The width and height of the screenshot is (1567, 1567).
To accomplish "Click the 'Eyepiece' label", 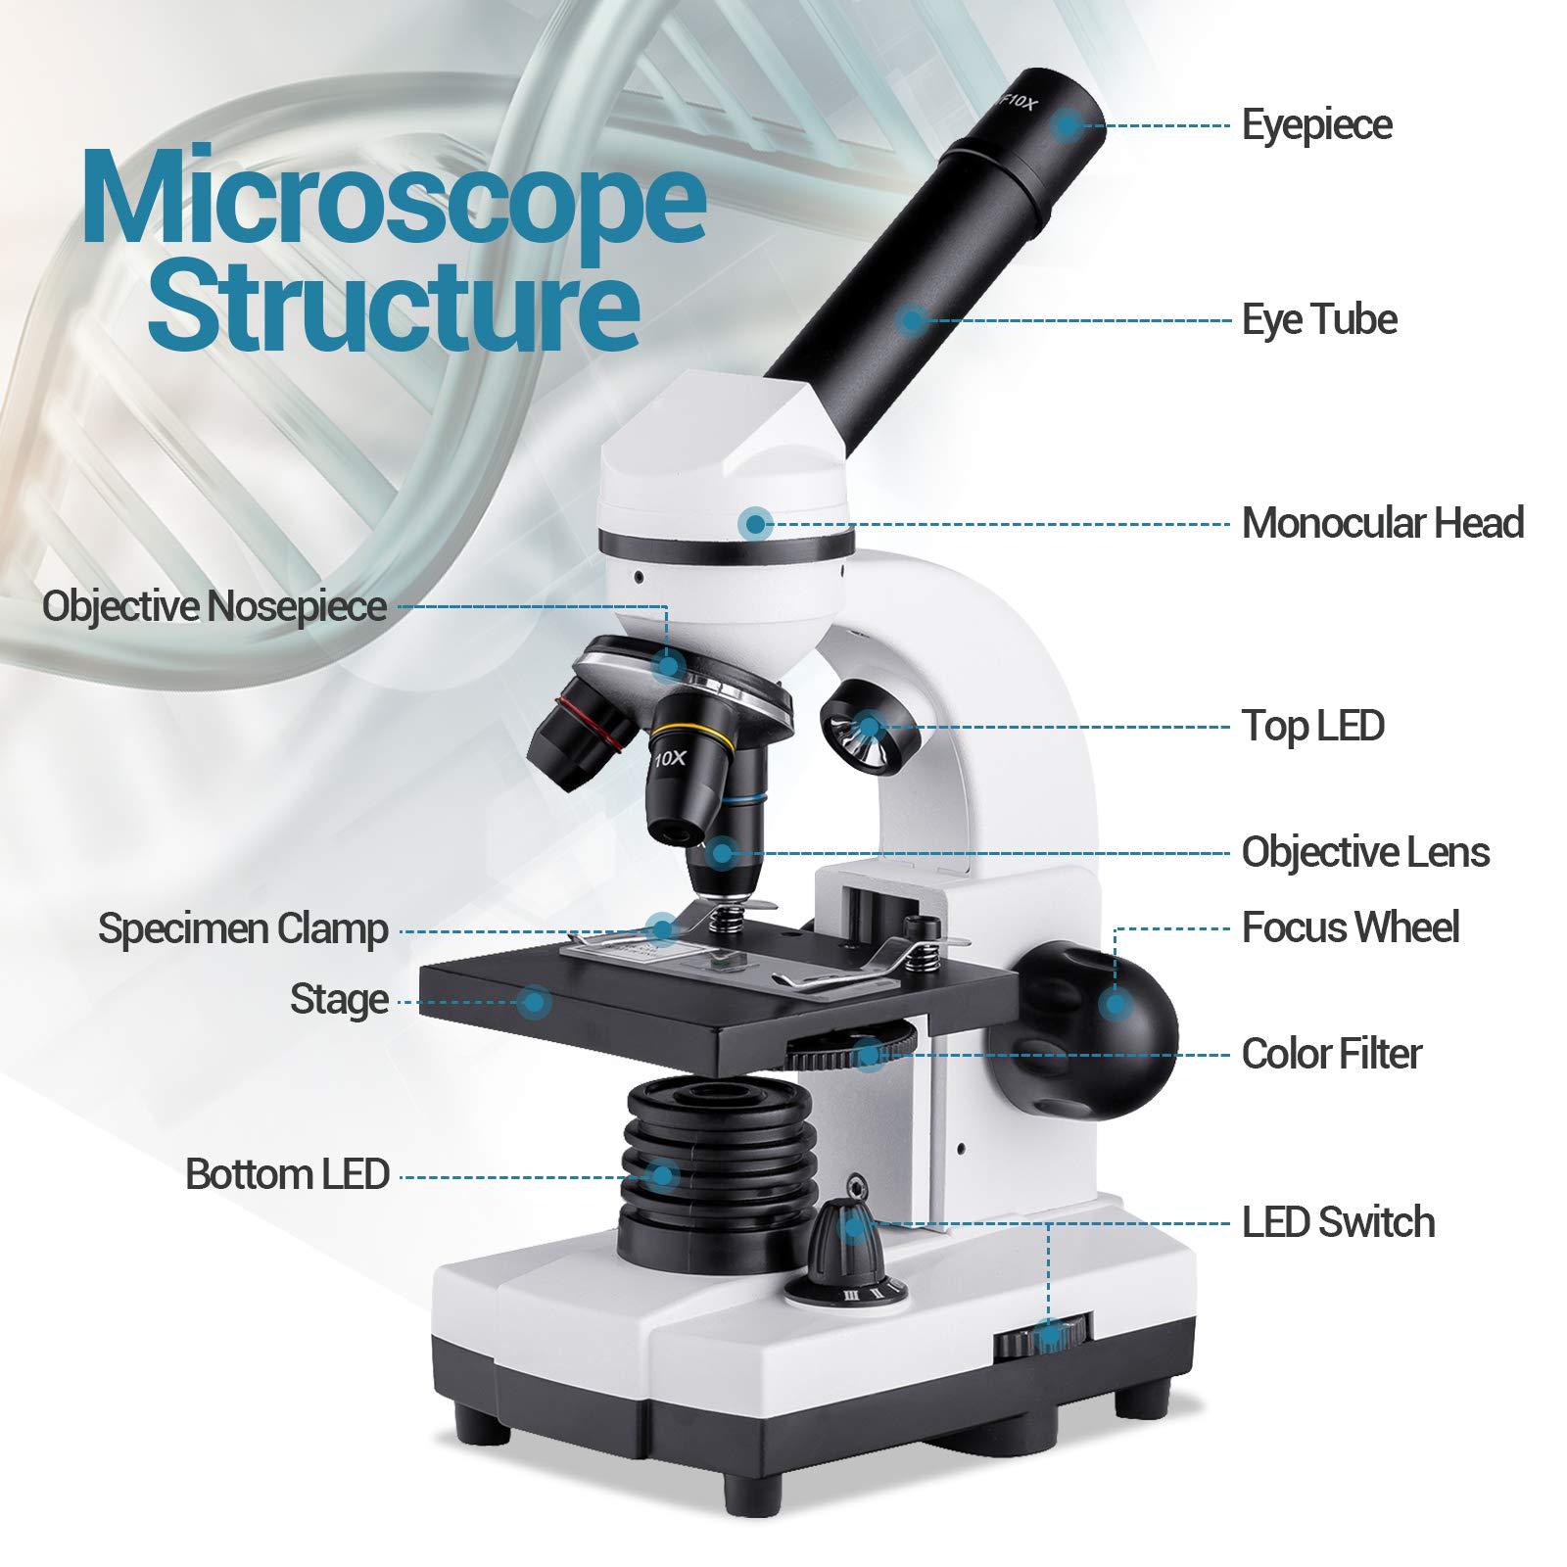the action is tap(1316, 125).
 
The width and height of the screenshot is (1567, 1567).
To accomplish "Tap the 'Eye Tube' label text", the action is tap(1319, 320).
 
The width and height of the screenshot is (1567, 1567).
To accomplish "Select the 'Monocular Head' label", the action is tap(1382, 523).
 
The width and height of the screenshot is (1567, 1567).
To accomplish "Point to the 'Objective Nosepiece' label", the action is tap(214, 606).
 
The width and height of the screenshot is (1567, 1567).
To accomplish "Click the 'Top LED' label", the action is tap(1312, 726).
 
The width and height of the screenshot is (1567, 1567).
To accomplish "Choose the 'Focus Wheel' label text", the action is tap(1350, 927).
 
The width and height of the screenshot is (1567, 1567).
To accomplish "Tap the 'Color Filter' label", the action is tap(1331, 1054).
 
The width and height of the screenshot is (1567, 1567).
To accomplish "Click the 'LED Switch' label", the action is tap(1338, 1222).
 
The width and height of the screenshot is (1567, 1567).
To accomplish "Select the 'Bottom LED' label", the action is tap(288, 1174).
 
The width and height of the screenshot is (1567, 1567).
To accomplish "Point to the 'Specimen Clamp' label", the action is tap(243, 928).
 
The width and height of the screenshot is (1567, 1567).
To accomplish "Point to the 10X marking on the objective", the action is tap(672, 758).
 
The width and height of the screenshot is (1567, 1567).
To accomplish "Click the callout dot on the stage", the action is tap(534, 1001).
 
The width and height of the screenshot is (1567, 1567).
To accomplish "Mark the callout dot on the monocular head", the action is tap(754, 524).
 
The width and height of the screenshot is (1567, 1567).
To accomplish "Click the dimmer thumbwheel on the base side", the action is tap(1044, 1338).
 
